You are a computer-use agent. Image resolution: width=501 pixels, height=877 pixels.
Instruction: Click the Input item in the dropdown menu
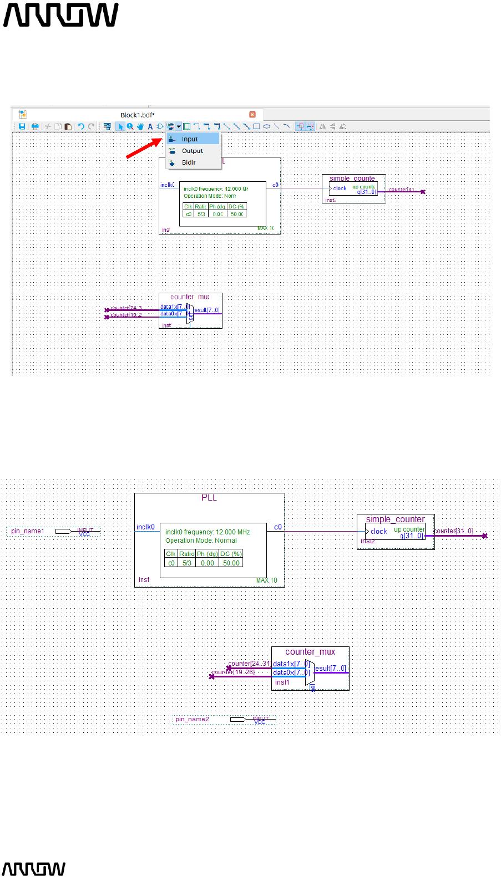[190, 139]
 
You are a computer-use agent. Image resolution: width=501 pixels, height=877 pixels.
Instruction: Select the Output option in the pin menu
[192, 151]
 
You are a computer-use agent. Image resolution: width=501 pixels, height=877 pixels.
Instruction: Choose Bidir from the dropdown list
[189, 162]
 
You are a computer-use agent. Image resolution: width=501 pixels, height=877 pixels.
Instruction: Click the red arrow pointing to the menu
[144, 149]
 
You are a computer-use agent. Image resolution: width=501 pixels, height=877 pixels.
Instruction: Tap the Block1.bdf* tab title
[138, 115]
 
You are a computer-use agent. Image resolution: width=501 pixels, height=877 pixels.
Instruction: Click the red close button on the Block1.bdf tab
[252, 115]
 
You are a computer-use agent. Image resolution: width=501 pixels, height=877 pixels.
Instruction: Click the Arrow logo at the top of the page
[61, 15]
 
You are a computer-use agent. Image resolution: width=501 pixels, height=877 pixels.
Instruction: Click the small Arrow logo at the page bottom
[34, 869]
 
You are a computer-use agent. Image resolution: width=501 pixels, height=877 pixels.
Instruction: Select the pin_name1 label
[28, 531]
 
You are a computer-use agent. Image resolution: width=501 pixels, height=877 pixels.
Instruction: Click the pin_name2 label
[192, 719]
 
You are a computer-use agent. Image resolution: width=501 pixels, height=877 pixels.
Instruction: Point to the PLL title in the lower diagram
[209, 498]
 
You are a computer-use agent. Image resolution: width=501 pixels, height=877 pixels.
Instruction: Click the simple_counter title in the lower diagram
[395, 519]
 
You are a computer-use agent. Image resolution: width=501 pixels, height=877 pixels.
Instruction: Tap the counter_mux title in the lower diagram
[310, 652]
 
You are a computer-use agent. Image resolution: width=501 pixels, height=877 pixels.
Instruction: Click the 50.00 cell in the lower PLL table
[231, 563]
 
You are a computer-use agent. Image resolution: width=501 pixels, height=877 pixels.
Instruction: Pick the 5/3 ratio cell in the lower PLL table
[187, 563]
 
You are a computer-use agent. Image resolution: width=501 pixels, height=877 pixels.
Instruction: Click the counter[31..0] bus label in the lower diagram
[453, 531]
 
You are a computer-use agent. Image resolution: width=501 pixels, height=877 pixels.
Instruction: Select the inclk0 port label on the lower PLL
[145, 527]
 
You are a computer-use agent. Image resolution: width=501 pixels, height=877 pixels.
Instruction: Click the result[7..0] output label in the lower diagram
[331, 669]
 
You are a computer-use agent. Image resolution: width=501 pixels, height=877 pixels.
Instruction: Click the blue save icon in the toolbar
[22, 126]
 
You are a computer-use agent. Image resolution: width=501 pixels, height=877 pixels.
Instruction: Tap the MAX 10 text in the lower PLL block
[267, 580]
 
